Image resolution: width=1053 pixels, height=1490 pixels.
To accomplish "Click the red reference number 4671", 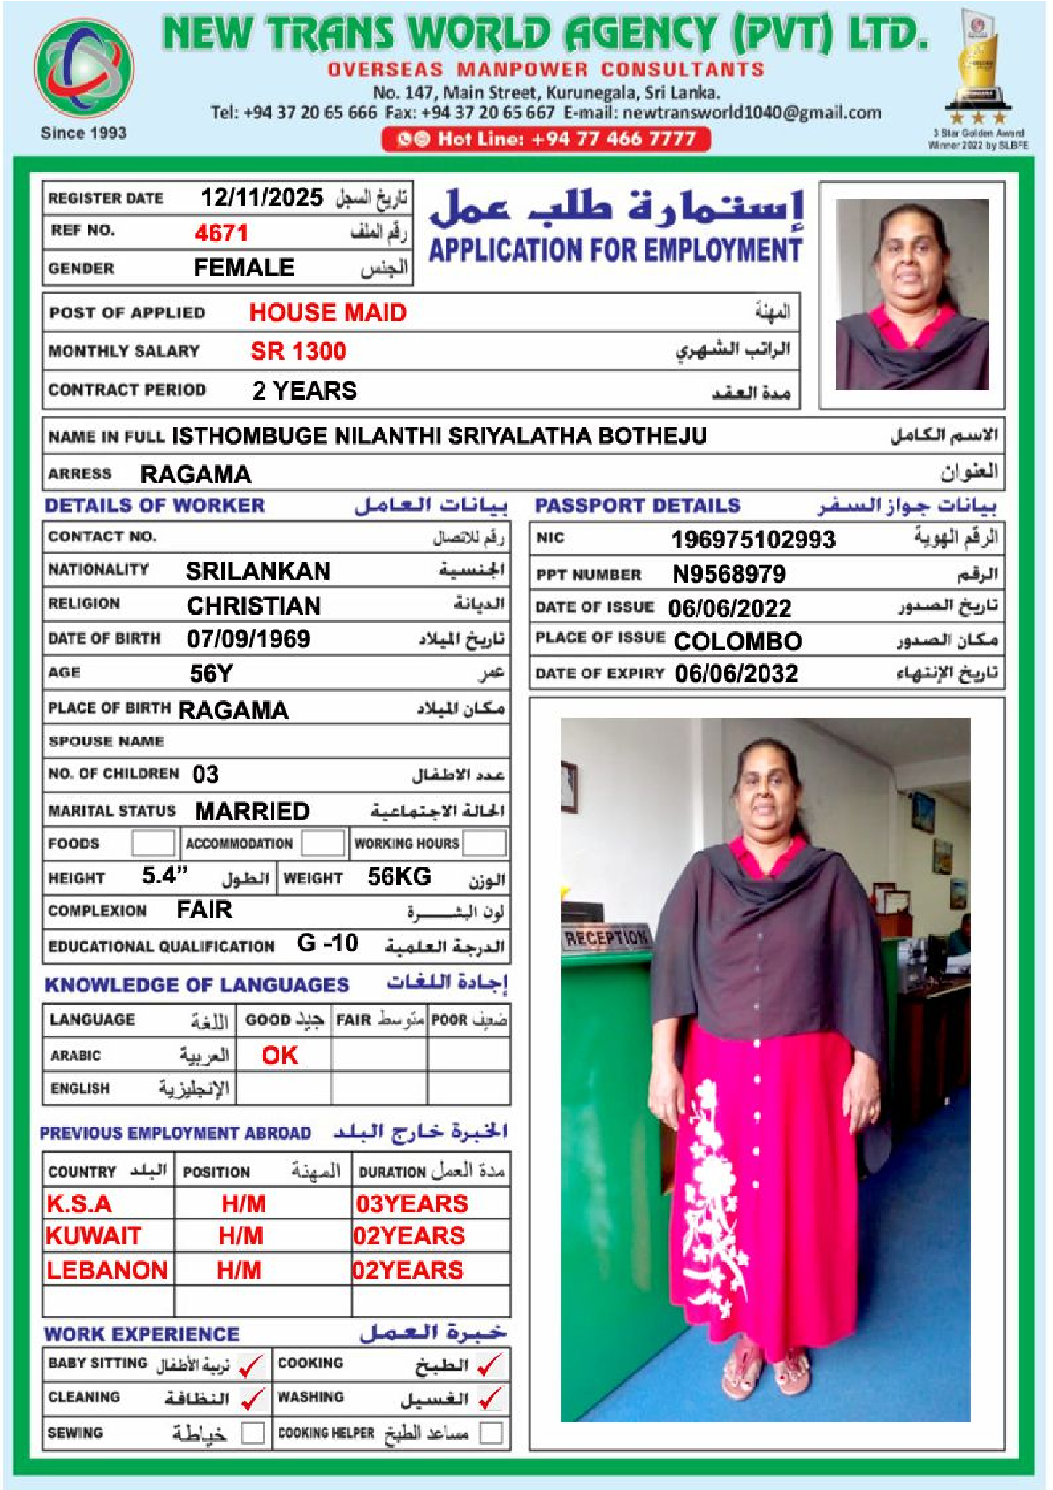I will [x=221, y=233].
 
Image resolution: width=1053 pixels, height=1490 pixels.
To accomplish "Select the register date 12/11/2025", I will [x=262, y=197].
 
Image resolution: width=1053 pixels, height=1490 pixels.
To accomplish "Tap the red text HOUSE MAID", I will [x=327, y=313].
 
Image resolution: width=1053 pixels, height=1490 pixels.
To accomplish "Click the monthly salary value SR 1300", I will [x=298, y=352].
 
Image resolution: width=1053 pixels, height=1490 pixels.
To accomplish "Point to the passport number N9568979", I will [x=729, y=575].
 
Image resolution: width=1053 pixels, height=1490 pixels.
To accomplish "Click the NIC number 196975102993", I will [x=752, y=539].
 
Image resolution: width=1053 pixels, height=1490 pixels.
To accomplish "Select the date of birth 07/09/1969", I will [x=248, y=639].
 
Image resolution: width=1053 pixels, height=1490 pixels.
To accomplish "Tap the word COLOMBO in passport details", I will [x=737, y=641].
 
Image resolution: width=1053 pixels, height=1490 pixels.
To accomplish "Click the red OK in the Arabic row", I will [x=279, y=1055].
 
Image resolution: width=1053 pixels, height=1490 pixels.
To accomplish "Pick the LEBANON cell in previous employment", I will [x=107, y=1271].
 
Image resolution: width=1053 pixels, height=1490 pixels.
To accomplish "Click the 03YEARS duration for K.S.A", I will [x=412, y=1204].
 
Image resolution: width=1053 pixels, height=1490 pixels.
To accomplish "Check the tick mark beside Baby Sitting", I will [x=252, y=1365].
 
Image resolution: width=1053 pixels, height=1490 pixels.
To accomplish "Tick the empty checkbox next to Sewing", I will [x=253, y=1433].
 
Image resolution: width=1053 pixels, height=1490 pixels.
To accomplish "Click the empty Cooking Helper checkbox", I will [x=491, y=1433].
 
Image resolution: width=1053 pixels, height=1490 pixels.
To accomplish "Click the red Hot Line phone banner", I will [x=546, y=139].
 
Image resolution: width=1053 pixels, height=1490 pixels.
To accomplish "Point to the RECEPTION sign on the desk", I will [x=607, y=937].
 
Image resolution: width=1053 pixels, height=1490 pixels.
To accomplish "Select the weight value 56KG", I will [x=399, y=877].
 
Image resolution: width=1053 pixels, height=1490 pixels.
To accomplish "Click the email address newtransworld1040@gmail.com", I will [x=752, y=113].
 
